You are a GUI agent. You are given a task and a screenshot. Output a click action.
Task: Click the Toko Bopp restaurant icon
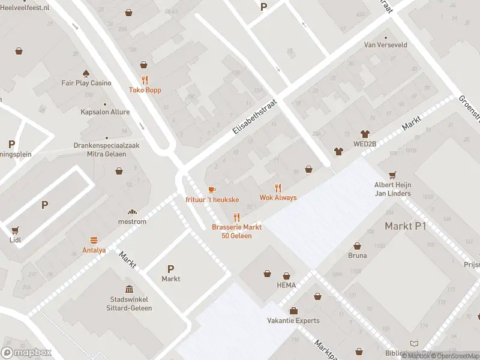click(144, 80)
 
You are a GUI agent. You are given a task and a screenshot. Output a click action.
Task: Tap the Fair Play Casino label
click(86, 83)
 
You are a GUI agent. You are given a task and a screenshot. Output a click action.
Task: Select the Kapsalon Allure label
click(105, 112)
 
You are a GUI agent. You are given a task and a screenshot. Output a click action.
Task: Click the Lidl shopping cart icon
click(15, 230)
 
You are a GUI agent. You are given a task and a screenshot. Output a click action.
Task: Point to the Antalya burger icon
click(94, 239)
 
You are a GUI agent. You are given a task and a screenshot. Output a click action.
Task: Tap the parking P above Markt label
click(170, 269)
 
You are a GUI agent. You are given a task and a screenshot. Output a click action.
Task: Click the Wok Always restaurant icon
click(278, 188)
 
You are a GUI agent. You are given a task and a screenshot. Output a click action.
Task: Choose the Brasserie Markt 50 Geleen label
click(236, 231)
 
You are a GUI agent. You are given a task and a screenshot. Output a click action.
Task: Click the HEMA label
click(286, 285)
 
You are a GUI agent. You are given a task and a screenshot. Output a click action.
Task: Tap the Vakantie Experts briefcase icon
click(293, 311)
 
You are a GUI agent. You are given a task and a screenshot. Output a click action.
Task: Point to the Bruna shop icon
click(358, 246)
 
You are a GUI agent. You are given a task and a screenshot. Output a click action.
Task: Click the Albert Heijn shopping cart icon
click(392, 175)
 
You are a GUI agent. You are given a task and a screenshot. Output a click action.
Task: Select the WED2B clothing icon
click(364, 134)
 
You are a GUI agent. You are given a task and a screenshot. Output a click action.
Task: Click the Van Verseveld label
click(386, 44)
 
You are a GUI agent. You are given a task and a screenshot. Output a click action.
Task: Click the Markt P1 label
click(405, 226)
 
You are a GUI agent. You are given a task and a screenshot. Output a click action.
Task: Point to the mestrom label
click(132, 221)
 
